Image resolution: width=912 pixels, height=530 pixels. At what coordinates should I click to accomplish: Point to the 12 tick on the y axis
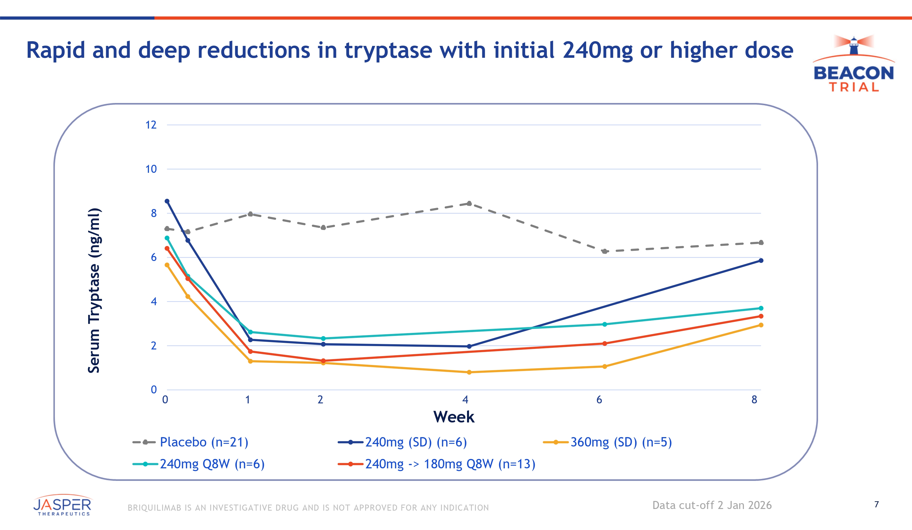tap(151, 125)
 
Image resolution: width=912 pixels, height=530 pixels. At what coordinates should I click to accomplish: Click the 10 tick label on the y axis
tap(151, 169)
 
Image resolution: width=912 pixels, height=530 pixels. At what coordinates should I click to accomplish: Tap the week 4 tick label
tap(465, 400)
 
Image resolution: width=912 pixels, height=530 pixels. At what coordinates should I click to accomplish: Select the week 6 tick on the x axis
tap(599, 400)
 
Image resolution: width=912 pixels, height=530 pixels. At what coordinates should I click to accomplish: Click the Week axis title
tap(454, 417)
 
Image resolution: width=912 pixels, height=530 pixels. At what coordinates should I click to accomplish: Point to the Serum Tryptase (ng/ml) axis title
tap(94, 290)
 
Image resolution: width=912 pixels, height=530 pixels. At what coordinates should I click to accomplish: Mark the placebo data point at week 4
tap(469, 203)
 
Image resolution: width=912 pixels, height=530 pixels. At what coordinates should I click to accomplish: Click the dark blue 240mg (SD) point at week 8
tap(761, 261)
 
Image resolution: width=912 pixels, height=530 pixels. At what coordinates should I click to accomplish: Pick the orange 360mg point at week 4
tap(469, 372)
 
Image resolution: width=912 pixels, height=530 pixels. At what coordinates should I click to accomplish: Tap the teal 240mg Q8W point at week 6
tap(604, 324)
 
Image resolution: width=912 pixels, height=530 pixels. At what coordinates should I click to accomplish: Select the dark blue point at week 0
tap(167, 201)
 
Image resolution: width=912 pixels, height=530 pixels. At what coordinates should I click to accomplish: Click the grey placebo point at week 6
tap(604, 251)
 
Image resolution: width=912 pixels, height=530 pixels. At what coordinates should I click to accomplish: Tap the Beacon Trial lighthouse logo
tap(854, 63)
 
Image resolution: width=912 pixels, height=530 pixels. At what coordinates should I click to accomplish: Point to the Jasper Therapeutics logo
tap(62, 505)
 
